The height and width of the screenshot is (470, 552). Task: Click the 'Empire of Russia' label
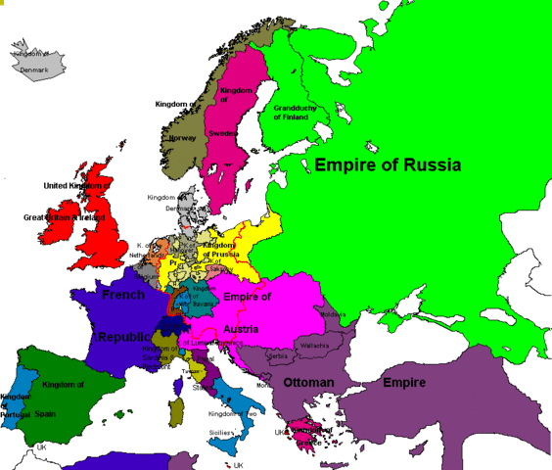pyautogui.click(x=387, y=164)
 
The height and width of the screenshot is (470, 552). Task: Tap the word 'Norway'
pyautogui.click(x=183, y=138)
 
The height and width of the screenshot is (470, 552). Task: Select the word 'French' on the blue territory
pyautogui.click(x=122, y=293)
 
